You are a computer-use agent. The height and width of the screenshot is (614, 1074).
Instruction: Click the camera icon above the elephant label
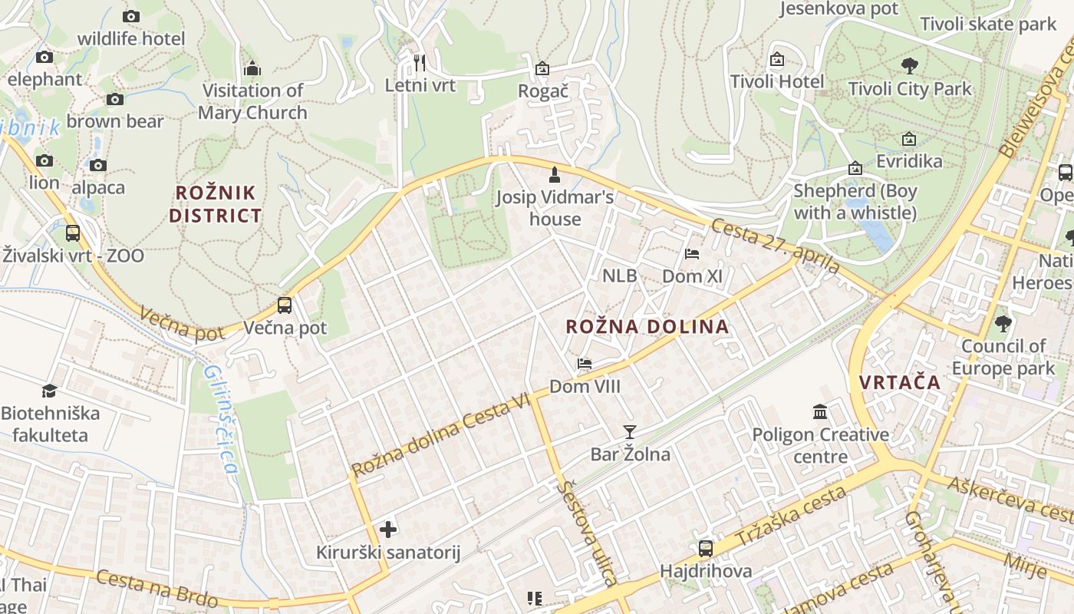pos(44,57)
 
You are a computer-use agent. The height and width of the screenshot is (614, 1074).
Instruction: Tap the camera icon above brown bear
pos(115,99)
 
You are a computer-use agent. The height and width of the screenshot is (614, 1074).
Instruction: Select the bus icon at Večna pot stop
pos(285,305)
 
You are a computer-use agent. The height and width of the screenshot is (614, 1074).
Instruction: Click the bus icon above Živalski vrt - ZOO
pos(73,233)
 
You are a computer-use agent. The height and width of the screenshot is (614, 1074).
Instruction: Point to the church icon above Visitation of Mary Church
pos(252,69)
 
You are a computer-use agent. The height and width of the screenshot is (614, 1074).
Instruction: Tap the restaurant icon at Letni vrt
pos(419,62)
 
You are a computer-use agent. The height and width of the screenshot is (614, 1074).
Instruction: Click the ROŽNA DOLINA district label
pos(647,326)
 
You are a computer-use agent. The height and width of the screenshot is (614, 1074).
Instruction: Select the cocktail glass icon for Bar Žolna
pos(630,432)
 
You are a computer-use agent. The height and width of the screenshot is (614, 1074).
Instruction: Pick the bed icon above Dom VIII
pos(585,364)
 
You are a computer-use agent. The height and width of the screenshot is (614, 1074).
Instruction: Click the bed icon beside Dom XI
pos(692,253)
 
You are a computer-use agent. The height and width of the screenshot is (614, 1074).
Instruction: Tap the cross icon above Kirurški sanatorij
pos(388,529)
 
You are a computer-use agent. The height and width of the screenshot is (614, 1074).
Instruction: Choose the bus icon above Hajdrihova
pos(706,548)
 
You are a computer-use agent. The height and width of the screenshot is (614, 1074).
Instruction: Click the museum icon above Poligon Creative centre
pos(820,412)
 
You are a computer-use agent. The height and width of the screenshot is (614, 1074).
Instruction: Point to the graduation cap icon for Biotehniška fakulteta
pos(50,391)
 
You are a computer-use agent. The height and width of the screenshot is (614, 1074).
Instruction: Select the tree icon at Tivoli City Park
pos(910,65)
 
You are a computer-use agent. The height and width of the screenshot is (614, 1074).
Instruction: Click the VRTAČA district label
pos(900,382)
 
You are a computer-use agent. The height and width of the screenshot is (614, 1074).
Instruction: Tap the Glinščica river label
pos(219,419)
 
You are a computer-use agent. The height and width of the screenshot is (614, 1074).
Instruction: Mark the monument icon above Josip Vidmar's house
pos(555,175)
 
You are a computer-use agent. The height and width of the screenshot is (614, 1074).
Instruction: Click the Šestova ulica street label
pos(588,533)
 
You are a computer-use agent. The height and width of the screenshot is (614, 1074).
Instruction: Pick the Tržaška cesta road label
pos(791,515)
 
